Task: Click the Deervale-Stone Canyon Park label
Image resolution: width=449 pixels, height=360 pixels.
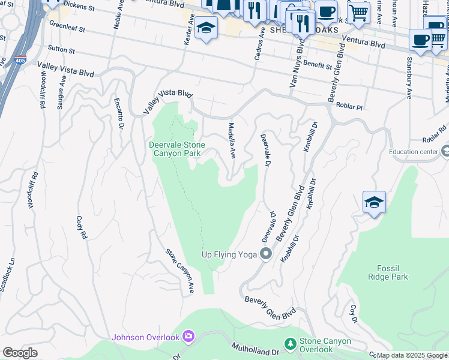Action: tap(177, 149)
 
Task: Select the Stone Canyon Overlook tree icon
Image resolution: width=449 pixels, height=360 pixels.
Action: tap(291, 343)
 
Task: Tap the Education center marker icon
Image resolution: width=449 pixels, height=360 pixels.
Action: tap(444, 151)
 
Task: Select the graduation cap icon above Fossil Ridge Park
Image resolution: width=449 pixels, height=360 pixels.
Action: tap(373, 202)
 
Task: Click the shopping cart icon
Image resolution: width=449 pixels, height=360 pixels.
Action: tap(358, 11)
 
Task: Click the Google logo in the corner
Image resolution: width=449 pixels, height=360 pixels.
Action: tap(20, 353)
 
